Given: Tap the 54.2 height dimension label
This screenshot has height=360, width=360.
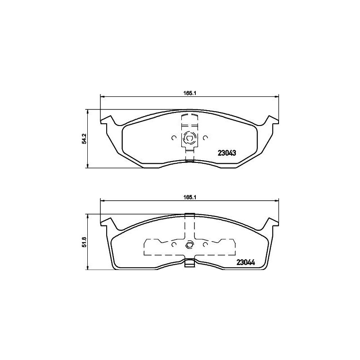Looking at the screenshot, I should coord(84,139).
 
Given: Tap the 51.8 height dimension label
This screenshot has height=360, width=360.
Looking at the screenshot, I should coord(84,242).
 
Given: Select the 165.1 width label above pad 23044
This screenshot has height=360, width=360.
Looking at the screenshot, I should coord(188,197).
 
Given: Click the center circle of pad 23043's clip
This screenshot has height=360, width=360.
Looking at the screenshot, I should coord(189,138).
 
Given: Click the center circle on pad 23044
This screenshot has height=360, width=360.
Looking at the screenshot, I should coord(189,245).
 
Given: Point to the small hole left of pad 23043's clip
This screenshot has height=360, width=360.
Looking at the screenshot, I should coord(174,138).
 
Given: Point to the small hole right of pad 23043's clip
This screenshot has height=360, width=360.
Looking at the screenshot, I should coord(205,138).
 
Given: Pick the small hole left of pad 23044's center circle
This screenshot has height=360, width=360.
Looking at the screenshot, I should coord(174,245).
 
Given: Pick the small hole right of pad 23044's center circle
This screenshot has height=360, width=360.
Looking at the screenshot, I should coord(205,245).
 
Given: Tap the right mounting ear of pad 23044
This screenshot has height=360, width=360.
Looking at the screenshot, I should coord(272,222).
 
